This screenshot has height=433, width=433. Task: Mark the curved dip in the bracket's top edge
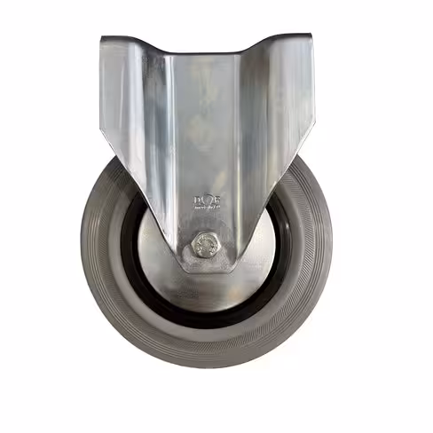(209, 51)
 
